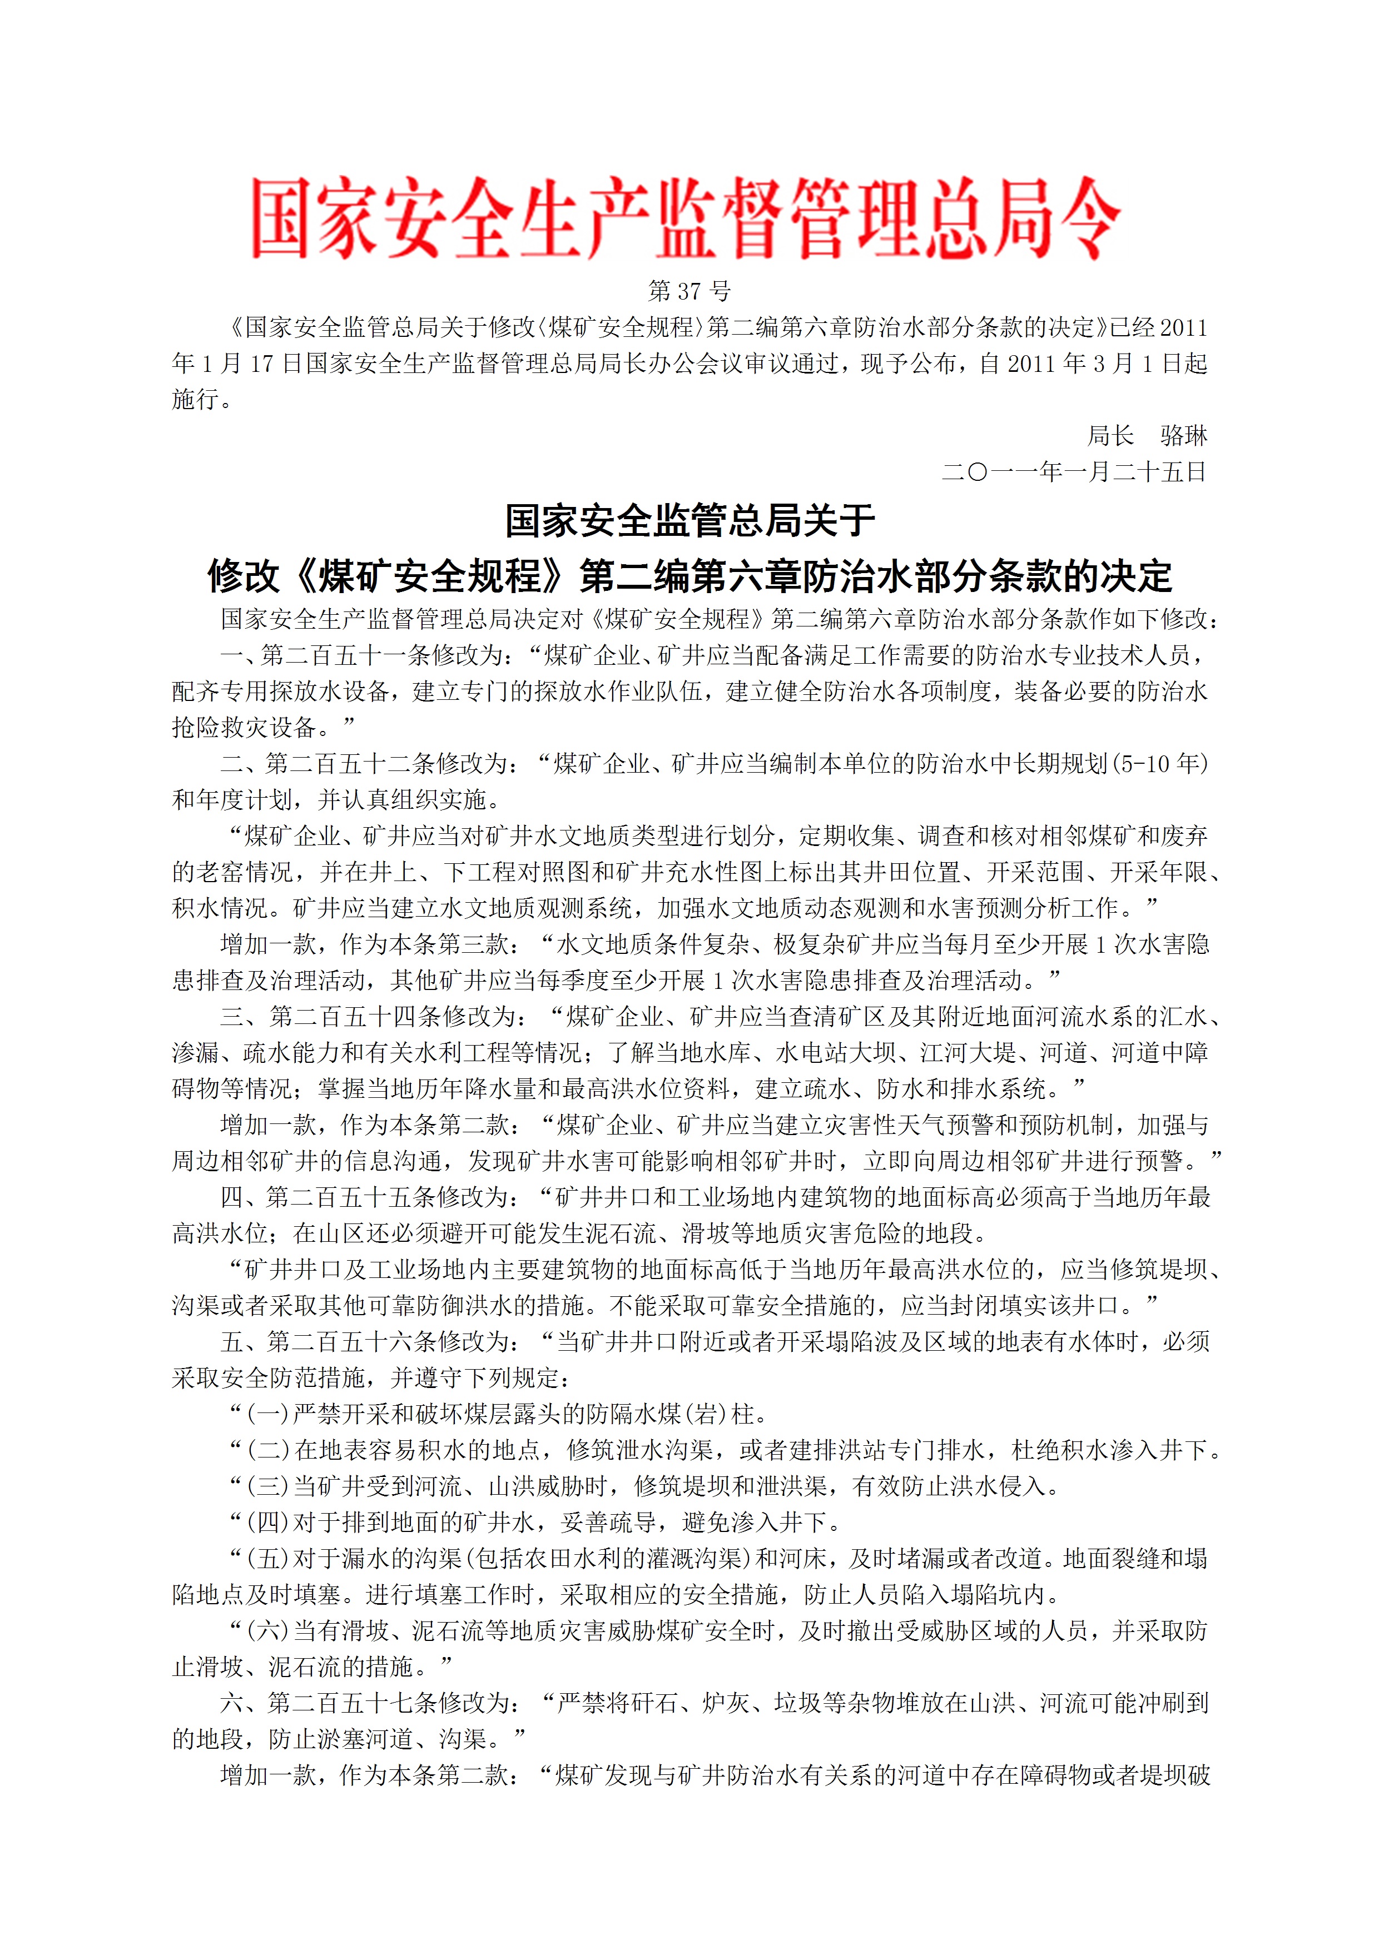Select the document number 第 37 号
coord(689,291)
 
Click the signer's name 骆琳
coord(1184,436)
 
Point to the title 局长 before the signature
coord(1110,436)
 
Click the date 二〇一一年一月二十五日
coord(1074,471)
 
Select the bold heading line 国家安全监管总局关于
coord(689,521)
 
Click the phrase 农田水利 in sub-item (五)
coord(552,1559)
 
